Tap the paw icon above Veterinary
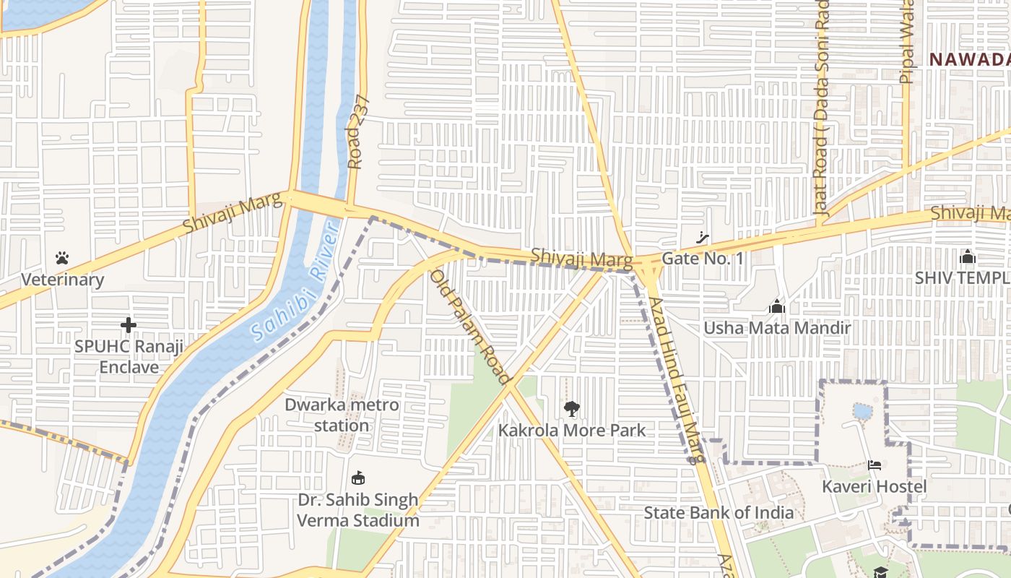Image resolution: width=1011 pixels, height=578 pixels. coord(62,258)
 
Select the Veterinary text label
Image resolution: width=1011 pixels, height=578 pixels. coord(62,280)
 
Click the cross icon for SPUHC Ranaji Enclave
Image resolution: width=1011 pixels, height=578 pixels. coord(129,325)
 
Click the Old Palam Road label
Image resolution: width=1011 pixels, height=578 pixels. coord(471,327)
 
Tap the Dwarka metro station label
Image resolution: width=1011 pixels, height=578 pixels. coord(342,415)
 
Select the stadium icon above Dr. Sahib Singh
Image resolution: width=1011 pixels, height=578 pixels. coord(357,478)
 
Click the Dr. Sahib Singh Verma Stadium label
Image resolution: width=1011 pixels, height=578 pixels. coord(358,510)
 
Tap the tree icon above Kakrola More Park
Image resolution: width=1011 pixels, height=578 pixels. coord(571,409)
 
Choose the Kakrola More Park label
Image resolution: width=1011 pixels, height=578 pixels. coord(571,431)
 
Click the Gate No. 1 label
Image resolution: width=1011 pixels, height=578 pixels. coord(702,259)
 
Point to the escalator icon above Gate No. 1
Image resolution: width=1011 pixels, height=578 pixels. coord(702,237)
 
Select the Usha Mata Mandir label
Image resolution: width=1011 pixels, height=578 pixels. coord(777,328)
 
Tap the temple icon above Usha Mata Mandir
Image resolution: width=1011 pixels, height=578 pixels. coord(777,307)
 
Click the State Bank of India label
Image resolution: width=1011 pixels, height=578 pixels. coord(719,513)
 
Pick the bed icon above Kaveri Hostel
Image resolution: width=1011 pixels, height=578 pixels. coord(875,465)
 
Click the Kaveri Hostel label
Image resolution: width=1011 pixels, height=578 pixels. coord(875,486)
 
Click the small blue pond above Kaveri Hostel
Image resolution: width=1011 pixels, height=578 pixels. coord(862,412)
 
